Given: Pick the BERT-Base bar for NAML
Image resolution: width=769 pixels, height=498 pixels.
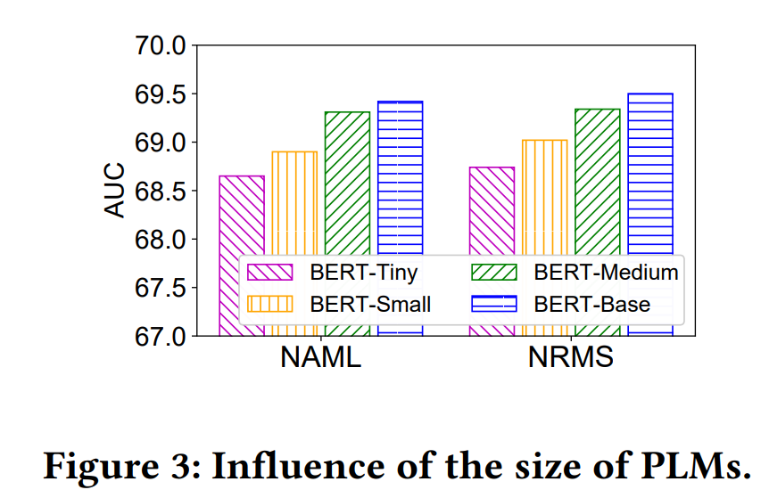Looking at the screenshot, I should tap(400, 178).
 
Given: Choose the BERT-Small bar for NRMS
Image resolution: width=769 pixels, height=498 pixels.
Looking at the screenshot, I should tap(544, 196).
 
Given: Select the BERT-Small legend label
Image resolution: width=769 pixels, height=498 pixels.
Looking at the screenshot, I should tap(370, 305).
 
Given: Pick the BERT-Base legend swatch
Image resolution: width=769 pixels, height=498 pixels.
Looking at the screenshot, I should tap(493, 305).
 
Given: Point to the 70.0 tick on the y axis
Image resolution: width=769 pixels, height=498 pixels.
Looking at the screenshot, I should tap(161, 45).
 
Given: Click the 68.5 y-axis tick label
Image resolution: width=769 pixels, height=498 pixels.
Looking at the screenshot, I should tap(161, 192).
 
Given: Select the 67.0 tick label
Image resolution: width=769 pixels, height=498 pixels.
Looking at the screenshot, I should tap(161, 337).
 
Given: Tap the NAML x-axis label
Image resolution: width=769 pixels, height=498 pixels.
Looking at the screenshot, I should tap(320, 357).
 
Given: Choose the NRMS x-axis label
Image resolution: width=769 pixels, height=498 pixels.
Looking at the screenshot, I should tap(571, 357).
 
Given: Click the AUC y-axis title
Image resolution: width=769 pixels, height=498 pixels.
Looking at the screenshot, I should tap(117, 190).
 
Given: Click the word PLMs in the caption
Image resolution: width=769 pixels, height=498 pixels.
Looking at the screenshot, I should tap(695, 466).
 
